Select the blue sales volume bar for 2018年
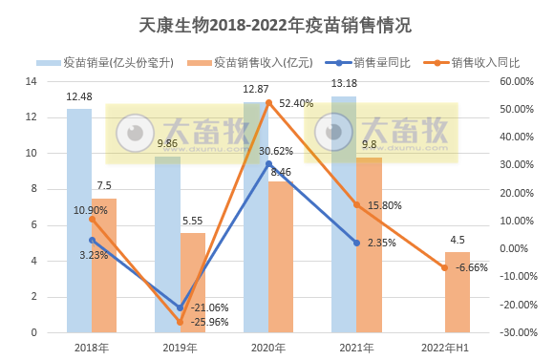pos(79,229)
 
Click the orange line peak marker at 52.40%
pos(268,102)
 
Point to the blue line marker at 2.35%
pos(356,243)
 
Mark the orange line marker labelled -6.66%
pos(444,267)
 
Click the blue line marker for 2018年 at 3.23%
pos(92,241)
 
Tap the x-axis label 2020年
pos(267,349)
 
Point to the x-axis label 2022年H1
pos(444,349)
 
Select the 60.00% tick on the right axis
pos(520,81)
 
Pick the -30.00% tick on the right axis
pos(519,332)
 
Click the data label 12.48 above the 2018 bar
pos(79,97)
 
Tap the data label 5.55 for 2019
pos(192,221)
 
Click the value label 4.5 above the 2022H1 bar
pos(458,240)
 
